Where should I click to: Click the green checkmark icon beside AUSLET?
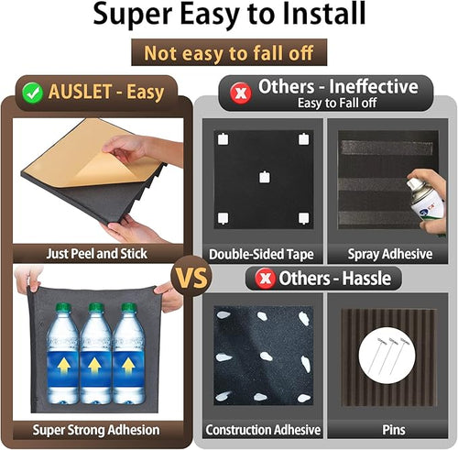pyautogui.click(x=32, y=93)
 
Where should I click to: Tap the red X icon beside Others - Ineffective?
pyautogui.click(x=241, y=93)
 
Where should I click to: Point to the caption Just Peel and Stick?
pyautogui.click(x=97, y=254)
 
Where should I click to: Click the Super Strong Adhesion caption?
pyautogui.click(x=96, y=430)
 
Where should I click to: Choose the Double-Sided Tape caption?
pyautogui.click(x=261, y=254)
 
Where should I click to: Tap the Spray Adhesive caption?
pyautogui.click(x=390, y=254)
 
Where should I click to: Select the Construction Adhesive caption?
pyautogui.click(x=263, y=430)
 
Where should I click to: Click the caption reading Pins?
pyautogui.click(x=394, y=430)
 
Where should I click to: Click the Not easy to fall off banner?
pyautogui.click(x=229, y=52)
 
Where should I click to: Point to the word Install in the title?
pyautogui.click(x=323, y=14)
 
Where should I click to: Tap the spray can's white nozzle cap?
pyautogui.click(x=412, y=183)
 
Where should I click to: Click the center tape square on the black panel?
pyautogui.click(x=265, y=177)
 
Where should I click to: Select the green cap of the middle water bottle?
pyautogui.click(x=95, y=308)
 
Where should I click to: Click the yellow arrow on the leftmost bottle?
pyautogui.click(x=63, y=366)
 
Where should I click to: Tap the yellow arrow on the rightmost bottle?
pyautogui.click(x=128, y=366)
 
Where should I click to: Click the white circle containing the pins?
pyautogui.click(x=387, y=355)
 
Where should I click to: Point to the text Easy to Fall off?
pyautogui.click(x=337, y=104)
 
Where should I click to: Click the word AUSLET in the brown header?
pyautogui.click(x=81, y=92)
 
